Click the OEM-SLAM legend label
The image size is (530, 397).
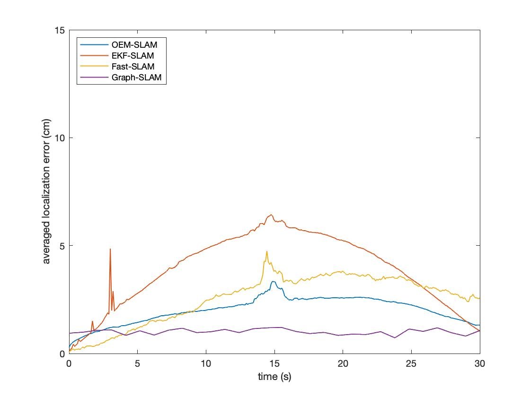point(134,45)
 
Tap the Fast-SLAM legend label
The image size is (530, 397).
point(133,67)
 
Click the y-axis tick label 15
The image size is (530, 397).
point(60,30)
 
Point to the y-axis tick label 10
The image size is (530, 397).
point(60,138)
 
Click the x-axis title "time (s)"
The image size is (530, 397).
point(274,377)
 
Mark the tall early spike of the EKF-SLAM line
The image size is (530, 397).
point(110,249)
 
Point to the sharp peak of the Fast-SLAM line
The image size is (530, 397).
point(267,251)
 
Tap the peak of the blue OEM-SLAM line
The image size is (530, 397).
point(273,282)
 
